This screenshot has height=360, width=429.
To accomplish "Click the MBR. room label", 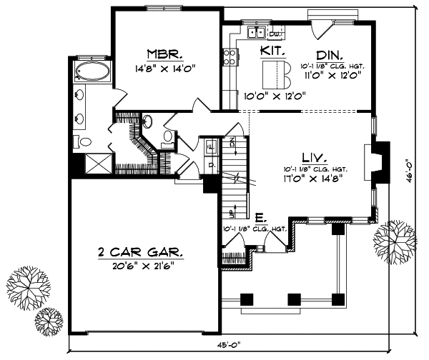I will pos(165,54).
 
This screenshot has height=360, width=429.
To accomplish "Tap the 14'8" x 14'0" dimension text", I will pos(165,69).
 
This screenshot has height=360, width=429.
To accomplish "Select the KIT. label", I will pos(273,51).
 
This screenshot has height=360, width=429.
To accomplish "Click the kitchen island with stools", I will pos(270,72).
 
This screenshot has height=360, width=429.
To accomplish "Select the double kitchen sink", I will pos(255,33).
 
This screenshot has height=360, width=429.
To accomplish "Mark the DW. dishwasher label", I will pos(275,34).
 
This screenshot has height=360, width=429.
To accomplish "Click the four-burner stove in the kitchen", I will pos(230,59).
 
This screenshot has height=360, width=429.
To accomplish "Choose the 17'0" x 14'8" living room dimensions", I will pos(312,178).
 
